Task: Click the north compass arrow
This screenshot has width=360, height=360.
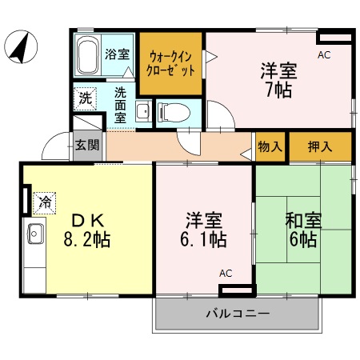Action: click(19, 47)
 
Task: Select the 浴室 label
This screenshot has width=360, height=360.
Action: click(118, 54)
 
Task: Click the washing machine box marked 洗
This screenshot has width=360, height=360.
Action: click(84, 100)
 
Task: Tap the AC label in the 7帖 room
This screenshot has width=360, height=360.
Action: click(324, 55)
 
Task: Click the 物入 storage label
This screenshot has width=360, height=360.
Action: click(270, 147)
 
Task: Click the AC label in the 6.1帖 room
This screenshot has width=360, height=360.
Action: click(226, 274)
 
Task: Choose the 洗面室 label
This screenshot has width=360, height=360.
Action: click(120, 105)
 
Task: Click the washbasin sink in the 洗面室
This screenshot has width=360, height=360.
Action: click(142, 111)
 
